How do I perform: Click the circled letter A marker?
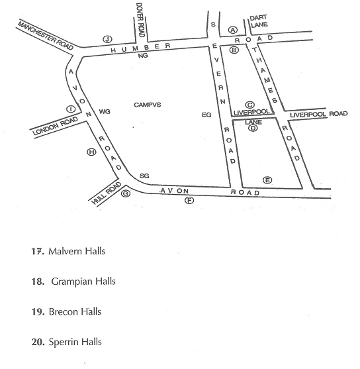[233, 30]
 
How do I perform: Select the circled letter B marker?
[234, 50]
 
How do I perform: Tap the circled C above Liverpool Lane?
[249, 105]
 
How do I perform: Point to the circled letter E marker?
[267, 180]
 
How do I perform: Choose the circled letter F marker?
[189, 201]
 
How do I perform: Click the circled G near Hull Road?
[126, 193]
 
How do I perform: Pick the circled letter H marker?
[92, 152]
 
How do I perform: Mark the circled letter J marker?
[107, 39]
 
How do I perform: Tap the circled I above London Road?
[71, 109]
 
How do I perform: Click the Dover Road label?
[140, 20]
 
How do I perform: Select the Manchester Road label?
[46, 36]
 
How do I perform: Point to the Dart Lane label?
[259, 21]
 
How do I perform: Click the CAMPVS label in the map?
[148, 105]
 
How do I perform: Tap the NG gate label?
[143, 56]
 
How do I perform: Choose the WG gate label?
[105, 111]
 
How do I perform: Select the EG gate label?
[206, 115]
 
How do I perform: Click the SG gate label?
[144, 176]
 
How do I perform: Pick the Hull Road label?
[107, 193]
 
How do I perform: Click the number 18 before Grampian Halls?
[38, 282]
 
